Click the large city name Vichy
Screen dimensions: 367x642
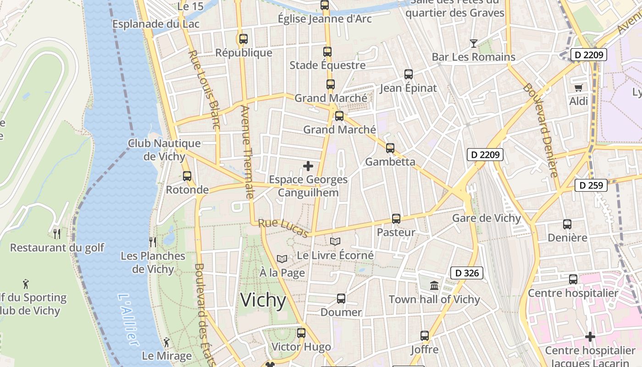263,300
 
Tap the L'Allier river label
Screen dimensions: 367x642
127,320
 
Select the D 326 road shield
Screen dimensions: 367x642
467,273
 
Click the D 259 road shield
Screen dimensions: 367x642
591,185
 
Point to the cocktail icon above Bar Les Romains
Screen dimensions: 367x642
474,44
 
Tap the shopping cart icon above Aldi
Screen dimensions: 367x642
578,87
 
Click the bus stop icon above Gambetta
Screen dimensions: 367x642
390,148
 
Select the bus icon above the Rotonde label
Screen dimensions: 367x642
187,176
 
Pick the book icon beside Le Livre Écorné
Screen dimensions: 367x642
335,241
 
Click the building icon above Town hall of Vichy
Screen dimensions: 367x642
434,286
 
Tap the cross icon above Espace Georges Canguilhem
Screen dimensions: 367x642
308,166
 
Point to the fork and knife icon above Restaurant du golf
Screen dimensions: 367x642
57,234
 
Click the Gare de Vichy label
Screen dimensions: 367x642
487,218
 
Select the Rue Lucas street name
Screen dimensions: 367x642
283,228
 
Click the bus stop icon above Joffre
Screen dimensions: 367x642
425,336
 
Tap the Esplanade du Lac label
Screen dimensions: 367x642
156,24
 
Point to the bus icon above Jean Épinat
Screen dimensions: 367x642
408,74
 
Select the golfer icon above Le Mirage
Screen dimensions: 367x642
166,342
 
